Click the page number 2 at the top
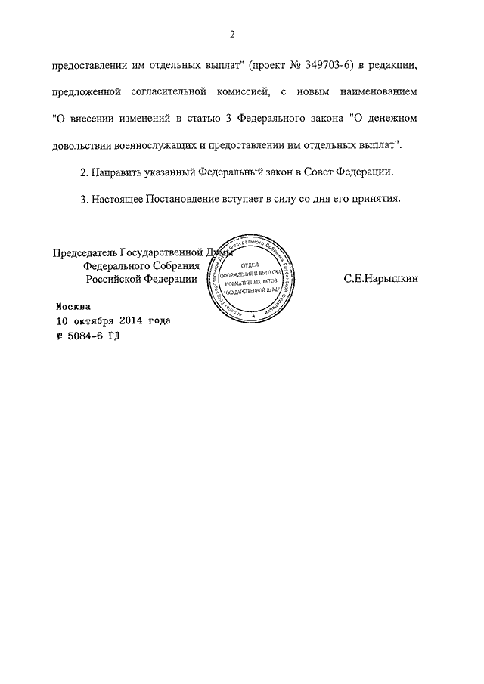point(233,34)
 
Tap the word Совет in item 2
point(318,172)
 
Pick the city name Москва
point(73,307)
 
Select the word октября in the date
point(95,320)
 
